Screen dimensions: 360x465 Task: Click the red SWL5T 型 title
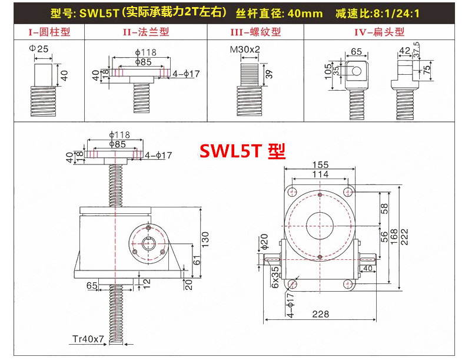point(243,151)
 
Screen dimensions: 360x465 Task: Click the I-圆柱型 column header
point(49,32)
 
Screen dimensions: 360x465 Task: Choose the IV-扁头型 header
point(380,32)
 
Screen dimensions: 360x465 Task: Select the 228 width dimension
point(320,314)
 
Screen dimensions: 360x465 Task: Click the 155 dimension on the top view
point(321,165)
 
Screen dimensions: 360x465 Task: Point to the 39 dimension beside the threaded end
point(270,73)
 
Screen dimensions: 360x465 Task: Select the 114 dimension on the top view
point(320,174)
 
